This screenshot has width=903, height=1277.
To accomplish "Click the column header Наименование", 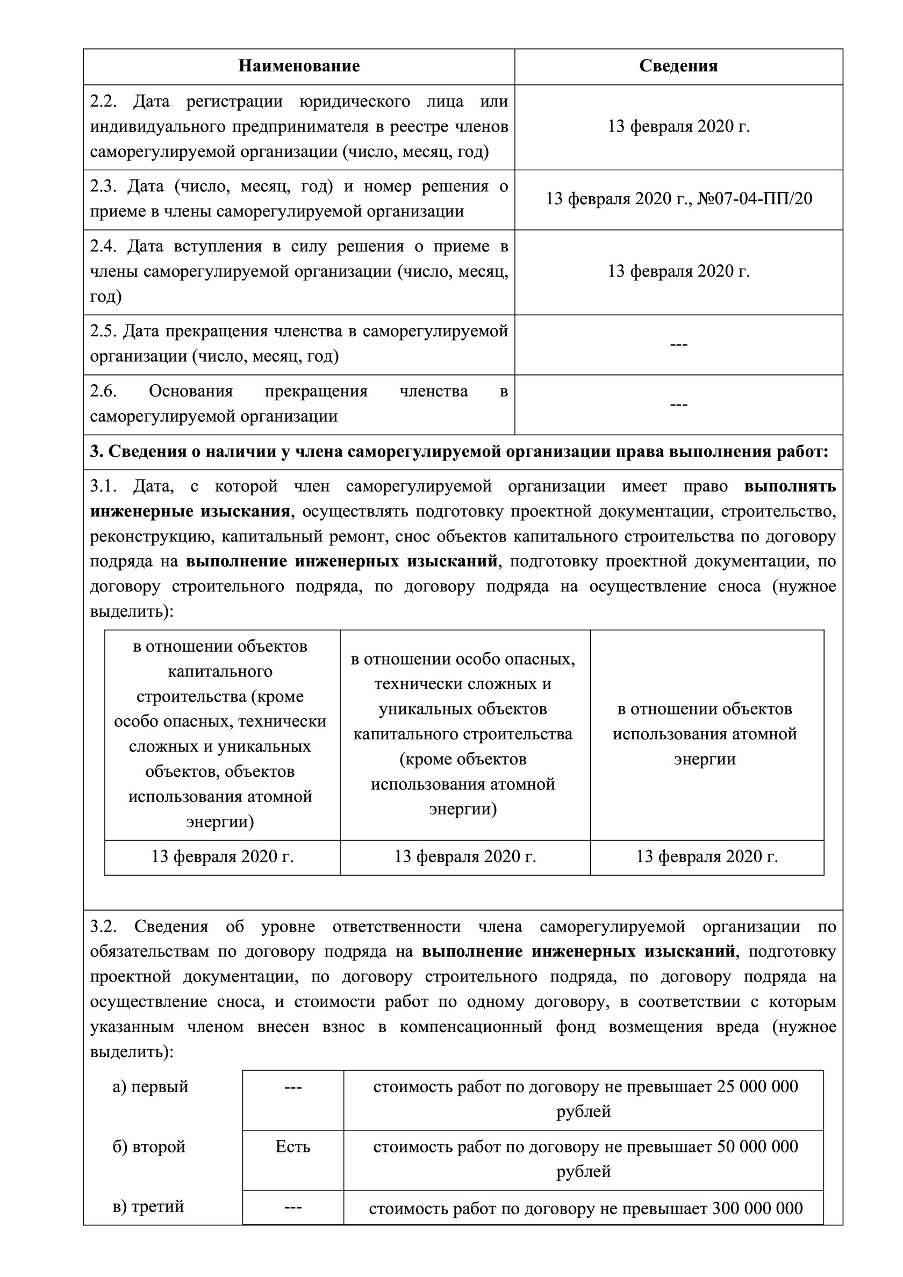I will click(299, 66).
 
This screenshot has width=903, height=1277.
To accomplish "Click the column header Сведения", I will click(678, 66).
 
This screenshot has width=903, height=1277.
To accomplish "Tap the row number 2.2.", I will click(103, 102).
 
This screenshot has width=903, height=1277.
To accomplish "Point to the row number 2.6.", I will click(103, 391).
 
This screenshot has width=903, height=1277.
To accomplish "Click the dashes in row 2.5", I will click(678, 344).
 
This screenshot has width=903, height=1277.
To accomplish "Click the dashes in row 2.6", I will click(678, 405).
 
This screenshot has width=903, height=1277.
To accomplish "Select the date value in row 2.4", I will click(678, 271).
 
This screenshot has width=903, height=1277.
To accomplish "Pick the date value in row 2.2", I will click(678, 127).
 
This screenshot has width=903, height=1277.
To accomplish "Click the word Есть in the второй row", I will click(292, 1146).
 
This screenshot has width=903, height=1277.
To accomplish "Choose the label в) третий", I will click(148, 1207).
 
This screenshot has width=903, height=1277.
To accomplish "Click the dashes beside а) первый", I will click(292, 1087).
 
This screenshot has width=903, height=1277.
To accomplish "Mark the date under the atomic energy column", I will click(707, 856).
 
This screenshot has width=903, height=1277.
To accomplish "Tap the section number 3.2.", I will click(103, 927).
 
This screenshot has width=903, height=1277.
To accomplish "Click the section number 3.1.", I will click(103, 487).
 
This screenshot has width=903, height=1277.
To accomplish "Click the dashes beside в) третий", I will click(292, 1208).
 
